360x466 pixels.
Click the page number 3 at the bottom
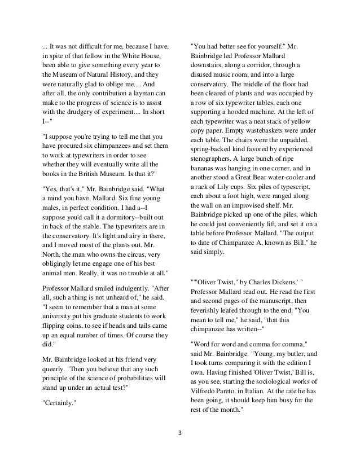click(x=179, y=433)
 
